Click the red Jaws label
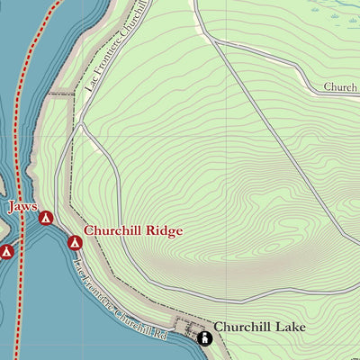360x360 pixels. [22, 207]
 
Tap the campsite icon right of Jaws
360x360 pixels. [46, 217]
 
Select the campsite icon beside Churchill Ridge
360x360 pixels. [75, 240]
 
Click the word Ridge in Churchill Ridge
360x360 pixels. [164, 230]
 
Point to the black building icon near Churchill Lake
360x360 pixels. [203, 338]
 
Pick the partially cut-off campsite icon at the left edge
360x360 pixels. [4, 252]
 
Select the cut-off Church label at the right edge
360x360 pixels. [342, 88]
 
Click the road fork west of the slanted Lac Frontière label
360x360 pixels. [81, 126]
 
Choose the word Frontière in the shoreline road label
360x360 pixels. [100, 283]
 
